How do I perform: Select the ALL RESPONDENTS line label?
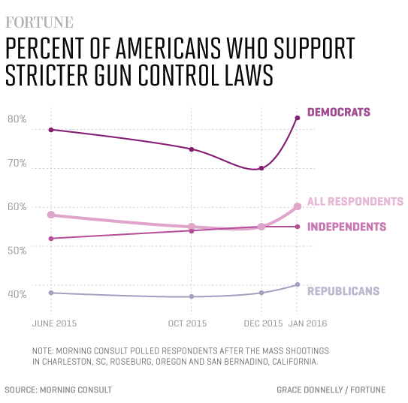356,201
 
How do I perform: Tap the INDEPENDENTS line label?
347,227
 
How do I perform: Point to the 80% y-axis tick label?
17,119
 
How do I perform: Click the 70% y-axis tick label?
17,163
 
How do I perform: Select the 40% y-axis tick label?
17,293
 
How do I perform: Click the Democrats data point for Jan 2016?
298,118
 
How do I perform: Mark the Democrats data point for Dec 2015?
261,168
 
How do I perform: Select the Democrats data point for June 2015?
51,130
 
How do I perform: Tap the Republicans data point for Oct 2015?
192,296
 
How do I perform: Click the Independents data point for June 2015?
51,239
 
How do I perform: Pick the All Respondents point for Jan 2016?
298,206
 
